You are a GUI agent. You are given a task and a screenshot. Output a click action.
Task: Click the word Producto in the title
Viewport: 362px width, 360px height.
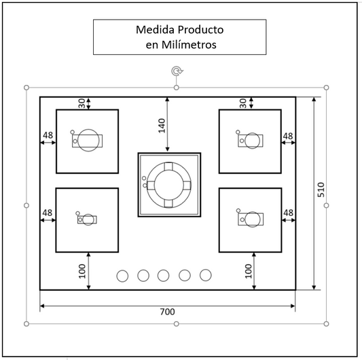click(x=200, y=30)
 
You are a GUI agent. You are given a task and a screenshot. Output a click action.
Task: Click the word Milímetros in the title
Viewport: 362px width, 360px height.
click(x=189, y=45)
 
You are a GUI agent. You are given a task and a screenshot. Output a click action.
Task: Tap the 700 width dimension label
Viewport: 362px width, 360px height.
click(x=167, y=312)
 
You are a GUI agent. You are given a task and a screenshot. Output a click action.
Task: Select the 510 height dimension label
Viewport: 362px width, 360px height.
click(x=321, y=190)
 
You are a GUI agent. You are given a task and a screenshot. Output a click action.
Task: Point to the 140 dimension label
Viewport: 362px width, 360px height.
click(x=162, y=126)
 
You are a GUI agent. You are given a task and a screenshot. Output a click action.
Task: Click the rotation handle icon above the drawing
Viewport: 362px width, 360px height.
click(x=177, y=71)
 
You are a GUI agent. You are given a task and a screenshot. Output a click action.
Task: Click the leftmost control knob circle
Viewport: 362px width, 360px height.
click(x=122, y=276)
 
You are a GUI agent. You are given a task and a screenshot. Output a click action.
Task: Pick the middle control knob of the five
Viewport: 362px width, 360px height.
click(x=163, y=276)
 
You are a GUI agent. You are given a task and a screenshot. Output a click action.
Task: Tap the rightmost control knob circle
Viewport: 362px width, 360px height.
click(x=206, y=275)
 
